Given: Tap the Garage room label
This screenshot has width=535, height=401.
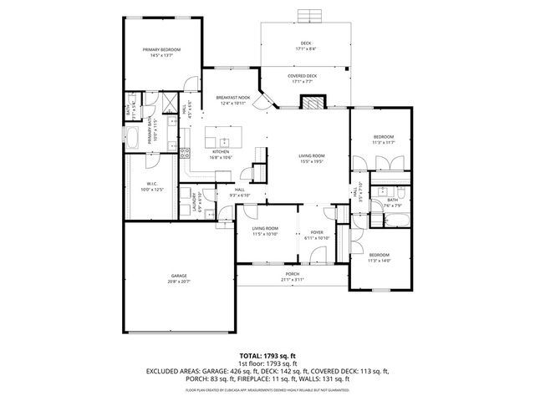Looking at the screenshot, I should click(x=179, y=276).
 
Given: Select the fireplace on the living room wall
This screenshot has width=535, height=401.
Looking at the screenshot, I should click(x=312, y=101).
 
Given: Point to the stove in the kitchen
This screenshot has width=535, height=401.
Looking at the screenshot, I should click(x=186, y=152).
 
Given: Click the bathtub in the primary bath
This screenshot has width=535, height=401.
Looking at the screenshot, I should click(x=133, y=138).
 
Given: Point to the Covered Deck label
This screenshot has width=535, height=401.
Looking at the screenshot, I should click(x=303, y=76).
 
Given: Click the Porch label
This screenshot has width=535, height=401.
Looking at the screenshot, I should click(x=293, y=274).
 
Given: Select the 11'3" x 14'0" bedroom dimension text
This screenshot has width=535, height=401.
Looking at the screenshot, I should click(x=379, y=261).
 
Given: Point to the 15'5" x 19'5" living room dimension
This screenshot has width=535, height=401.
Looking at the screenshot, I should click(x=312, y=161).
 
